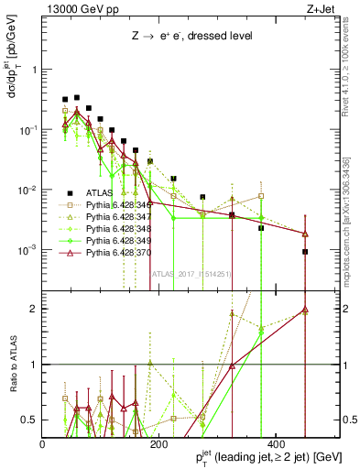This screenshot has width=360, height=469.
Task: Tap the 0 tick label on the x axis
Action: coord(43,444)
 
